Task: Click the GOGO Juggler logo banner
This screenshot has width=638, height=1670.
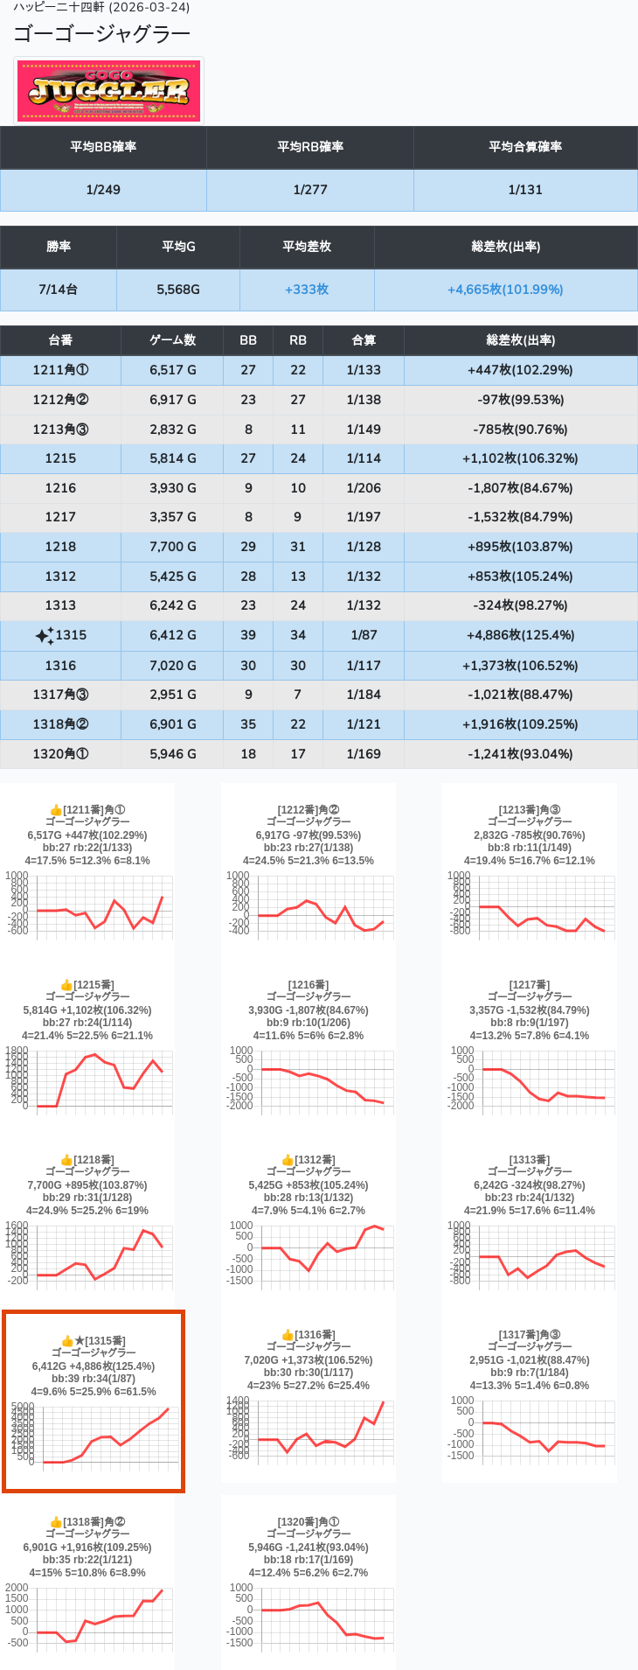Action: point(109,91)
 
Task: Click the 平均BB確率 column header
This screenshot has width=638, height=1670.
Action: point(103,147)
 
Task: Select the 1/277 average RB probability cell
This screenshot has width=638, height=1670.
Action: point(310,190)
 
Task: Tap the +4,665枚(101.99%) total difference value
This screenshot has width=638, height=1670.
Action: point(505,290)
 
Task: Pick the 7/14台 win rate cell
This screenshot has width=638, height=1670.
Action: point(59,290)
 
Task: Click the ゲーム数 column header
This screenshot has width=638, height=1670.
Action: point(173,340)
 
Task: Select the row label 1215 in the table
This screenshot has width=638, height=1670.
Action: point(60,458)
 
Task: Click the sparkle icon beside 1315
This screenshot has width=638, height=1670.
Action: point(44,636)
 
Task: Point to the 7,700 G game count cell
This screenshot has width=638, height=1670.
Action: point(173,547)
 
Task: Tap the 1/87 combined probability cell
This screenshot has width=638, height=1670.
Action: point(364,635)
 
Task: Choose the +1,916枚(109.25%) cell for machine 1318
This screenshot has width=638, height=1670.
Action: point(520,724)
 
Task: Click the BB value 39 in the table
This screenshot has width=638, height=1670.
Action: point(248,635)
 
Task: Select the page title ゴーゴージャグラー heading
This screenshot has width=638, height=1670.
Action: point(101,34)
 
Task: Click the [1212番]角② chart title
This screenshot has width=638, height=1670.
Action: point(309,810)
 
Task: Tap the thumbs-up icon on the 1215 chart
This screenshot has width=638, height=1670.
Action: point(66,985)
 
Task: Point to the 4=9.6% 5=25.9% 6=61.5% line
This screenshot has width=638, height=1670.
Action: point(94,1392)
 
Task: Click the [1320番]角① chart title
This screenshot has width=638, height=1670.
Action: point(309,1522)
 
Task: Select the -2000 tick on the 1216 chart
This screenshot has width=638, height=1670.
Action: point(241,1106)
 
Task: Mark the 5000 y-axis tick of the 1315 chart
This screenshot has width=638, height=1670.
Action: point(23,1407)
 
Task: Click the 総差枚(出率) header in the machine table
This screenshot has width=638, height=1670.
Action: point(520,340)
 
